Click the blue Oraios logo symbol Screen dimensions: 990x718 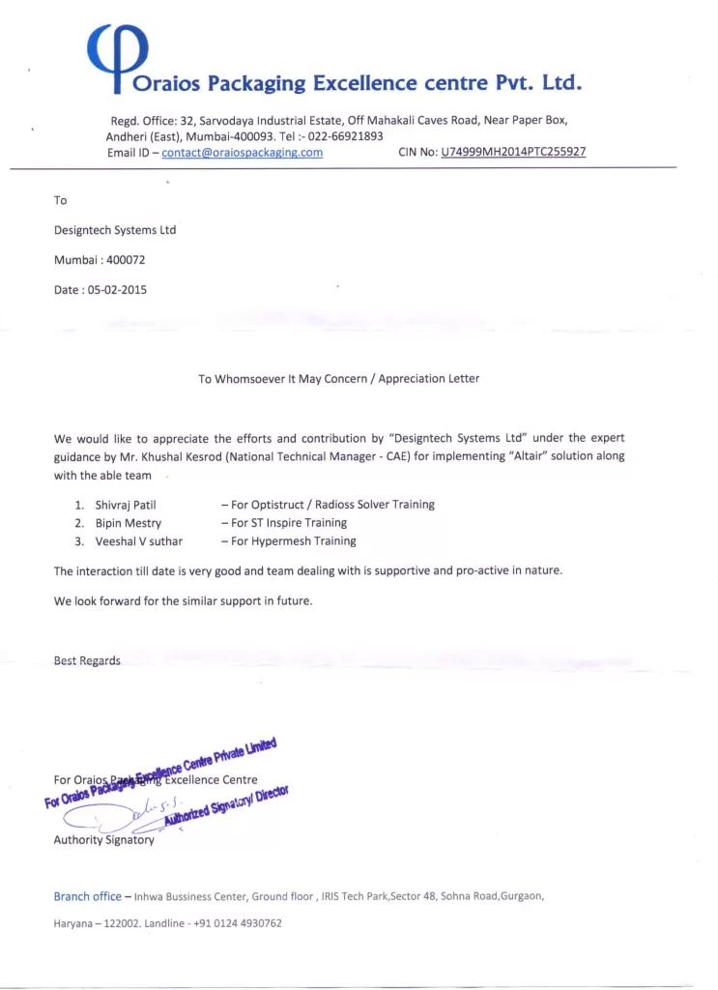click(x=118, y=56)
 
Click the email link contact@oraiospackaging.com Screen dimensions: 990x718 click(x=242, y=153)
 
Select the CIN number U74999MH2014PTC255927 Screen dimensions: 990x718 click(x=513, y=153)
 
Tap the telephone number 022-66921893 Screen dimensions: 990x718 click(x=345, y=136)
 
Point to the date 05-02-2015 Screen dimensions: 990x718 click(x=117, y=290)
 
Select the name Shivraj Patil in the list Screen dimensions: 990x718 click(x=126, y=505)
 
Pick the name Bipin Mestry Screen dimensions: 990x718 click(x=129, y=523)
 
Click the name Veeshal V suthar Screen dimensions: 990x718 click(x=138, y=541)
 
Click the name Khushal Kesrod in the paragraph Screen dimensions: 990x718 click(x=184, y=456)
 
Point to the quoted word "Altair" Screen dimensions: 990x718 click(x=523, y=456)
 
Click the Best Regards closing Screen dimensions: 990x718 click(x=87, y=661)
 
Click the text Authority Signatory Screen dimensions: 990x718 click(x=103, y=840)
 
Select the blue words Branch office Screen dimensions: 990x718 click(x=87, y=896)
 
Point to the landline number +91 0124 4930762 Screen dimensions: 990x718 click(x=237, y=923)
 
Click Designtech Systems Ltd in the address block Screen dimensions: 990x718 click(x=114, y=230)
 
